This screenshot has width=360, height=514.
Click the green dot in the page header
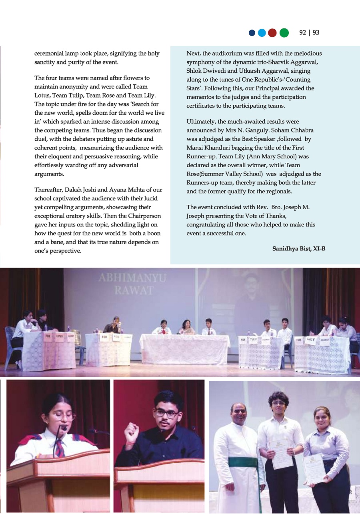284,33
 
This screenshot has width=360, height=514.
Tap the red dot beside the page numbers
272,33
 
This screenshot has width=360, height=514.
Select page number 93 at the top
316,33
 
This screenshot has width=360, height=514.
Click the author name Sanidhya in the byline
285,249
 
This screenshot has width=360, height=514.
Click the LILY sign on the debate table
312,339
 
